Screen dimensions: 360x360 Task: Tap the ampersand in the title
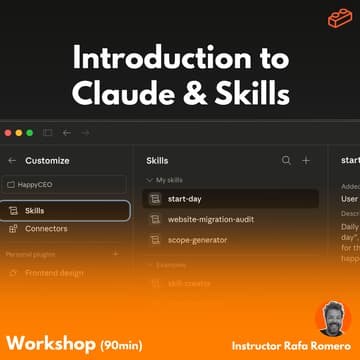point(193,93)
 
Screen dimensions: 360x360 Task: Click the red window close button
point(10,132)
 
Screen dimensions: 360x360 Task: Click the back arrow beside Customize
point(11,160)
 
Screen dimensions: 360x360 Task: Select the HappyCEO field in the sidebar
point(65,185)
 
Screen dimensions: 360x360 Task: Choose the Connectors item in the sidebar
point(46,228)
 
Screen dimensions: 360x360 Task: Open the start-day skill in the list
point(185,198)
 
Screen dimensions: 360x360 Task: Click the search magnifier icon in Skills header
point(286,160)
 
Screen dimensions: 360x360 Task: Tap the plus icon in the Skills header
point(306,160)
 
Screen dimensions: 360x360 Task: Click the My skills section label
point(170,178)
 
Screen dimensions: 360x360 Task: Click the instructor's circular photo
point(332,317)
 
